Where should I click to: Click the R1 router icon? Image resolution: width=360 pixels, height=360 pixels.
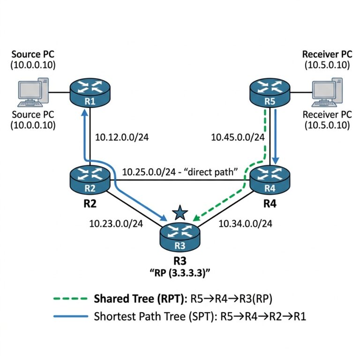pyautogui.click(x=90, y=92)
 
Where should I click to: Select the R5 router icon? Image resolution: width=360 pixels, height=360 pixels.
pyautogui.click(x=270, y=92)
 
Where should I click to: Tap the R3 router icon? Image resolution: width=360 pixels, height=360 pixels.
pyautogui.click(x=180, y=237)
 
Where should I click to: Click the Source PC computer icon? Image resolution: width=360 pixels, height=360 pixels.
pyautogui.click(x=33, y=92)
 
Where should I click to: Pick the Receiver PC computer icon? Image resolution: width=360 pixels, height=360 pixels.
pyautogui.click(x=327, y=92)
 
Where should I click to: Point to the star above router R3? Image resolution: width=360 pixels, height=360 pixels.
pyautogui.click(x=180, y=213)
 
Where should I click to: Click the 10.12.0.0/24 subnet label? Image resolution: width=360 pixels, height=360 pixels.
pyautogui.click(x=122, y=137)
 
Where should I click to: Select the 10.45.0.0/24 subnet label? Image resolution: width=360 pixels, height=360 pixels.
pyautogui.click(x=238, y=137)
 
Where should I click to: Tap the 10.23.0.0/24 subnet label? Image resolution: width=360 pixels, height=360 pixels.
pyautogui.click(x=116, y=224)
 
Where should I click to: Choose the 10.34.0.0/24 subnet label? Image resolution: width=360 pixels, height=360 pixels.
pyautogui.click(x=245, y=224)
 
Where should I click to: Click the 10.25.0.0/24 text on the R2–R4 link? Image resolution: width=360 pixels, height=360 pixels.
pyautogui.click(x=149, y=172)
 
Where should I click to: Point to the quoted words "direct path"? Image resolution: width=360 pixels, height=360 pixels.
pyautogui.click(x=211, y=172)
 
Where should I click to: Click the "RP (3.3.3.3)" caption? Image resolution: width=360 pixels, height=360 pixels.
pyautogui.click(x=180, y=273)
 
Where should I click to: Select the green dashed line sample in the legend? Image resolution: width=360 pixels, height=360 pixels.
pyautogui.click(x=70, y=299)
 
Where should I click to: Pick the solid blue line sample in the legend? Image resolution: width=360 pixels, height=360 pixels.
pyautogui.click(x=70, y=316)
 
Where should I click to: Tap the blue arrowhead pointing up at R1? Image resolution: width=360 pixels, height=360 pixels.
pyautogui.click(x=85, y=112)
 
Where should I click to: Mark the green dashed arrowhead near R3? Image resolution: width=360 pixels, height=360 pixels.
pyautogui.click(x=196, y=217)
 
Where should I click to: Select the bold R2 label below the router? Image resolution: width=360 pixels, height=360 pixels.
pyautogui.click(x=90, y=203)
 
